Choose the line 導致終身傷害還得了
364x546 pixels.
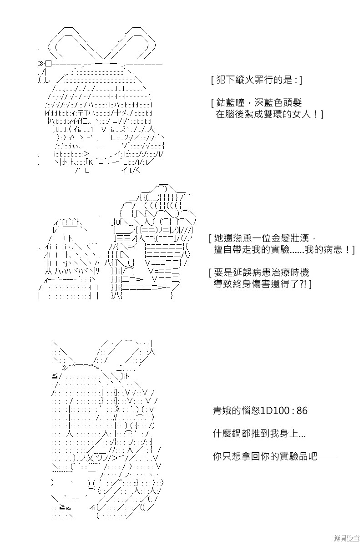pos(260,284)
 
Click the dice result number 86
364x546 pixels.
pos(302,411)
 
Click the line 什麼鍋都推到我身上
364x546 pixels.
pos(259,434)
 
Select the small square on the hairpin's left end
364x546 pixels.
pos(48,64)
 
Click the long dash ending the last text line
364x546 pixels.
pos(327,456)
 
